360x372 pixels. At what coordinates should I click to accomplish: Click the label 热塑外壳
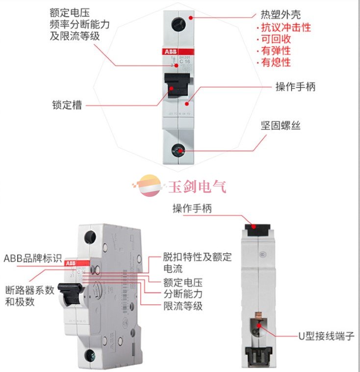tap(280, 16)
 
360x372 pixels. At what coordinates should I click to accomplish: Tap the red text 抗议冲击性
tap(286, 28)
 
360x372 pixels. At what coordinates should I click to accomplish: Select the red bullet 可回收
tap(277, 40)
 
